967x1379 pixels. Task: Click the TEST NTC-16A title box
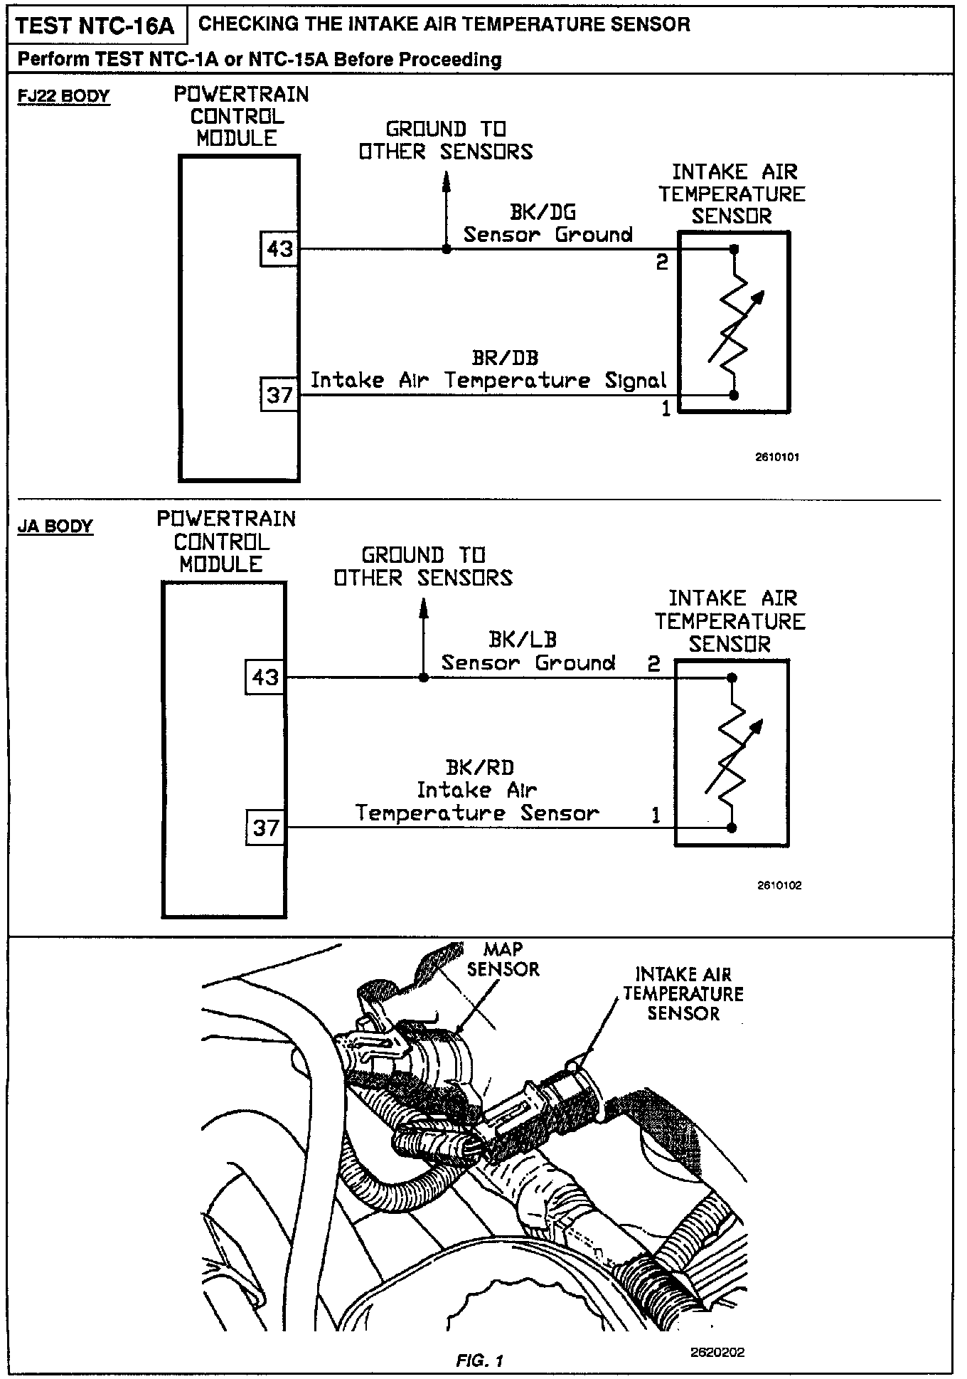pyautogui.click(x=95, y=26)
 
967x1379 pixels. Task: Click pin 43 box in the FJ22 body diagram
pyautogui.click(x=279, y=249)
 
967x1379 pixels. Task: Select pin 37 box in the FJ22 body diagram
pyautogui.click(x=279, y=393)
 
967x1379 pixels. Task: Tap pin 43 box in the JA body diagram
pyautogui.click(x=265, y=677)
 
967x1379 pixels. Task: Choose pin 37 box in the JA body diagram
pyautogui.click(x=265, y=828)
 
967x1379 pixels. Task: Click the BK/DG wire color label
pyautogui.click(x=543, y=212)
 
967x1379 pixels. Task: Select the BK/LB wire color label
pyautogui.click(x=523, y=639)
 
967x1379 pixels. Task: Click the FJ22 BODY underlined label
pyautogui.click(x=64, y=96)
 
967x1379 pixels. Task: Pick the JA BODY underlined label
pyautogui.click(x=55, y=527)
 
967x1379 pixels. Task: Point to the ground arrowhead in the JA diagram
pyautogui.click(x=424, y=606)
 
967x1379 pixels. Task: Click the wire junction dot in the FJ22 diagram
pyautogui.click(x=446, y=249)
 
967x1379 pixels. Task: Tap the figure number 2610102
pyautogui.click(x=779, y=886)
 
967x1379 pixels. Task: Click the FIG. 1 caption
pyautogui.click(x=480, y=1361)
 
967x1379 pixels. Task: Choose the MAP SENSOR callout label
pyautogui.click(x=503, y=959)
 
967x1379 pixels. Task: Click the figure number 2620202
pyautogui.click(x=717, y=1352)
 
